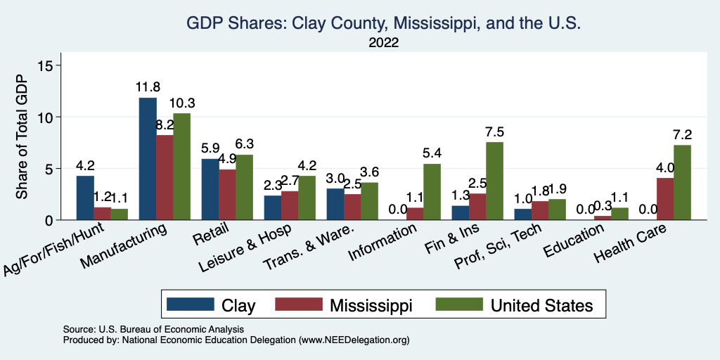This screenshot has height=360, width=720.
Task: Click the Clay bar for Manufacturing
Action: [148, 159]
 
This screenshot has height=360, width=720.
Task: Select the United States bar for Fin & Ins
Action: [495, 181]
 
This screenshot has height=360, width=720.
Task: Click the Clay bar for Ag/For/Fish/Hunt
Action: [85, 198]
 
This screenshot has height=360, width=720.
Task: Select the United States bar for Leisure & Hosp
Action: [307, 198]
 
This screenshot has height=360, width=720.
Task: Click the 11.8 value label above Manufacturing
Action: [148, 88]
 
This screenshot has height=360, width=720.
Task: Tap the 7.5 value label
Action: [495, 132]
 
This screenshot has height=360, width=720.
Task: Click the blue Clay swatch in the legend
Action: [191, 304]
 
